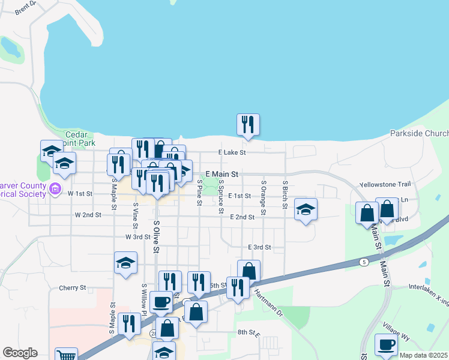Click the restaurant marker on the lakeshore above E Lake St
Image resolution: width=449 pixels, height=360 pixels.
[248, 125]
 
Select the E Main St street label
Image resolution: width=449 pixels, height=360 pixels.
[222, 174]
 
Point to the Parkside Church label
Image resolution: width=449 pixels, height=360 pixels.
[419, 133]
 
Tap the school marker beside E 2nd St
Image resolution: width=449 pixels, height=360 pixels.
[306, 209]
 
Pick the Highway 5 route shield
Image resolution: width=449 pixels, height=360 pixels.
[364, 262]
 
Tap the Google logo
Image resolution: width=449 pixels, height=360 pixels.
[20, 353]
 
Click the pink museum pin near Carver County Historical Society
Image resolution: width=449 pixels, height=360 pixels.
[55, 190]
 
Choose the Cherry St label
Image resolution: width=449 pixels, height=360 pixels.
[73, 288]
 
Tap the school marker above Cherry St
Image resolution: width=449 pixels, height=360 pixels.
[125, 263]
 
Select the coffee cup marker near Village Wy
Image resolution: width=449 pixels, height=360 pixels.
[386, 345]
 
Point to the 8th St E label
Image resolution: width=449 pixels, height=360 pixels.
[247, 332]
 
